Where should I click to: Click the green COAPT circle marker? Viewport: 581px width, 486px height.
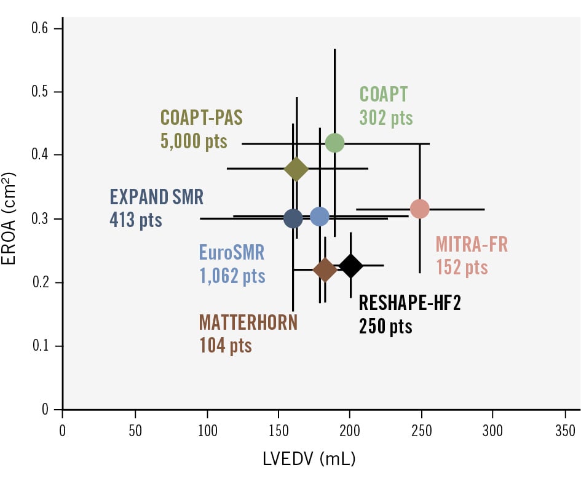tap(334, 143)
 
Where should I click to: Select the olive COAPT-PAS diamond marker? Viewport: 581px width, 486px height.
tap(296, 169)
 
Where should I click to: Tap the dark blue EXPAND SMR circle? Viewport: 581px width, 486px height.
tap(293, 218)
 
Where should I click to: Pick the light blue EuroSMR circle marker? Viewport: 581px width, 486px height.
tap(320, 217)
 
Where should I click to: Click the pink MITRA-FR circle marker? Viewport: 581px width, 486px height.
tap(419, 209)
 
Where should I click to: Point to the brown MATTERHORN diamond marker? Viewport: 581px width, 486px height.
tap(325, 269)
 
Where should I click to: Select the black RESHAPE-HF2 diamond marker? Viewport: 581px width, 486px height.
tap(350, 266)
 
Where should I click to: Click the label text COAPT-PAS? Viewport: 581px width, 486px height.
tap(201, 117)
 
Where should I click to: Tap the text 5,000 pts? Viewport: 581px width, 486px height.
tap(194, 141)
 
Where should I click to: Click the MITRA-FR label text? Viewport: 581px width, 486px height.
tap(472, 245)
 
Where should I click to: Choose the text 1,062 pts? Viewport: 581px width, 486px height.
tap(232, 276)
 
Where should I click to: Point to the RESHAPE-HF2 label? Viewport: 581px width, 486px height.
tap(409, 303)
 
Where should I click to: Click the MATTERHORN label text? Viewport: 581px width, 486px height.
tap(248, 322)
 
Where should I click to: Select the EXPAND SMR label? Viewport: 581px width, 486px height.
tap(156, 197)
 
